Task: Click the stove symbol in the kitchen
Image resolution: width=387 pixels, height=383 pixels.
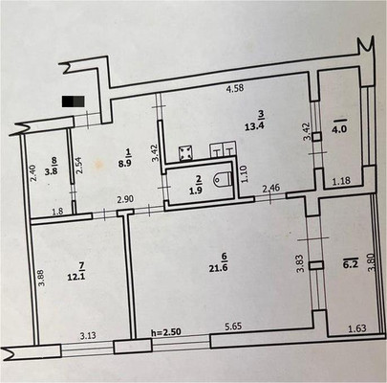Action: point(188,153)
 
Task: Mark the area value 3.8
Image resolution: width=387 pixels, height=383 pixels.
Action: point(55,174)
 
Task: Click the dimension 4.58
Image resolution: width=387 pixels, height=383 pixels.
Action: point(235,89)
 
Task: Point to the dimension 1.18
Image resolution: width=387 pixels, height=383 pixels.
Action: point(342,180)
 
